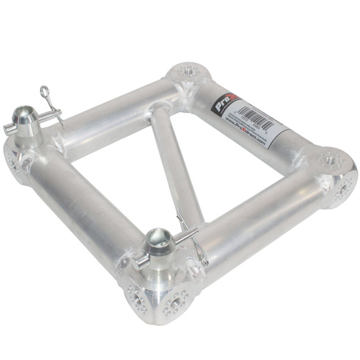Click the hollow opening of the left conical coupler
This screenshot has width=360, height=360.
25,113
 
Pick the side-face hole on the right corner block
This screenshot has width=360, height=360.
343,189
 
